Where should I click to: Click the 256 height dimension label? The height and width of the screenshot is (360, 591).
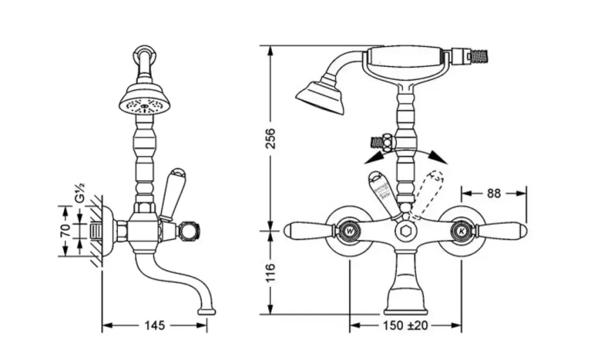(270, 138)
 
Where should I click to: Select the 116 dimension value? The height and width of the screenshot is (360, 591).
(270, 273)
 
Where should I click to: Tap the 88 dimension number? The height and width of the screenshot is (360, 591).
(493, 193)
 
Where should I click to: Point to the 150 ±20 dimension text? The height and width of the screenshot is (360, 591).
(405, 325)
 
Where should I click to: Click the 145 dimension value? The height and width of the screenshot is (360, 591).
(154, 325)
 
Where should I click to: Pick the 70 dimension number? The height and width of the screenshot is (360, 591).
(65, 231)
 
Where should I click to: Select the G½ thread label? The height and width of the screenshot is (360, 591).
(81, 192)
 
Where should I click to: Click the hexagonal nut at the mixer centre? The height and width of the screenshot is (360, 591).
(405, 231)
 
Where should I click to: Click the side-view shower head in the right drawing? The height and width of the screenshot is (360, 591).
(320, 96)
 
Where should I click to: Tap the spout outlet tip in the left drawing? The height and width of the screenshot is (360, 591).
(207, 312)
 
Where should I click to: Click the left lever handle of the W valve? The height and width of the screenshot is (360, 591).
(309, 230)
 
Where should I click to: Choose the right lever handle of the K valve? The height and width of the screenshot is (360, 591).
(501, 230)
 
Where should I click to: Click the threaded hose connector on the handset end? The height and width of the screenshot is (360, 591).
(479, 56)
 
